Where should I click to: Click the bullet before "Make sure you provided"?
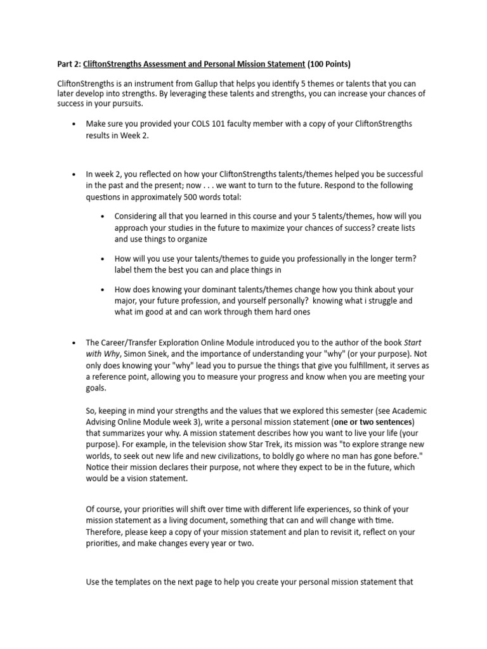[75, 124]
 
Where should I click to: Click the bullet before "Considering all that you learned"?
[103, 216]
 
